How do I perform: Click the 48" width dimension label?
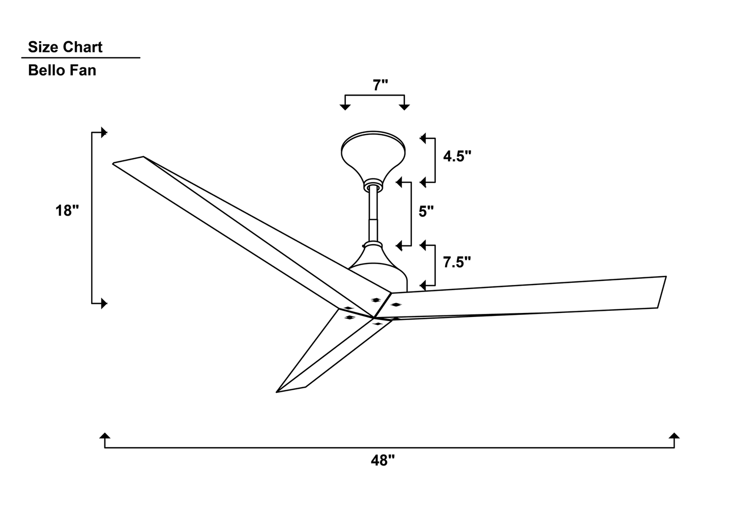(383, 460)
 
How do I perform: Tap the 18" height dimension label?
(67, 210)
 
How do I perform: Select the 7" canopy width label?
(380, 85)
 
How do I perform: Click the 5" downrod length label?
(426, 211)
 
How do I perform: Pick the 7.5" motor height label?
(457, 263)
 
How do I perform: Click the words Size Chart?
(65, 47)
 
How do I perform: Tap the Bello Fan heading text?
(62, 70)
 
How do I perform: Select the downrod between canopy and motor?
(374, 214)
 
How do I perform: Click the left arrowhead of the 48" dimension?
(105, 437)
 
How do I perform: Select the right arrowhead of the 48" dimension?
(674, 437)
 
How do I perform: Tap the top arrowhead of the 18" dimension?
(104, 132)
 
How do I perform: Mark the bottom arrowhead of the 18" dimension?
(104, 303)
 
